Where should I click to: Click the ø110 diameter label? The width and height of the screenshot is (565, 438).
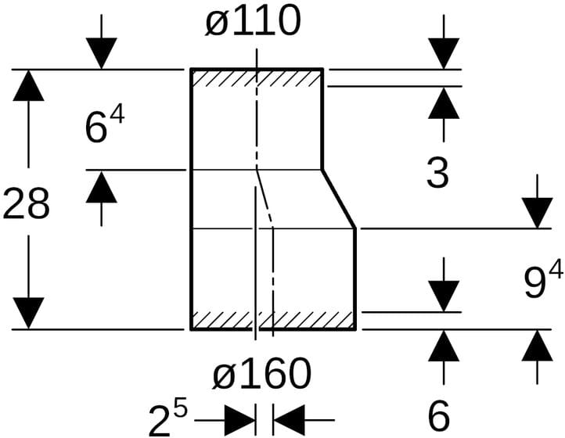(253, 22)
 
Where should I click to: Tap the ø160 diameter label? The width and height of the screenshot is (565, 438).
(261, 375)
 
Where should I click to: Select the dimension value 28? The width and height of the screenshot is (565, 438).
(27, 204)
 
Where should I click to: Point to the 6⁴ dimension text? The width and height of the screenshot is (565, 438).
(104, 126)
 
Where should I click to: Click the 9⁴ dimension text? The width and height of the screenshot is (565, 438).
(542, 282)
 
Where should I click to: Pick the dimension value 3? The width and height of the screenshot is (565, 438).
(437, 174)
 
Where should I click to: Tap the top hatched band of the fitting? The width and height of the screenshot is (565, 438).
(257, 78)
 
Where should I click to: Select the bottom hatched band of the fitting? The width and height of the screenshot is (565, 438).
(273, 320)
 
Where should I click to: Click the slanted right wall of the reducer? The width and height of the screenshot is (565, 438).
(340, 199)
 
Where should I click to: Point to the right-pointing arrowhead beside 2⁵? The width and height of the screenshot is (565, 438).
(239, 420)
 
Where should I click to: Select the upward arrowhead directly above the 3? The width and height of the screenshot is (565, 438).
(444, 103)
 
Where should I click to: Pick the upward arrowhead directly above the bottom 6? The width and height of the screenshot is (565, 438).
(444, 346)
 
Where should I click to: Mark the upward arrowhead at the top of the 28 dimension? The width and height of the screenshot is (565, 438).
(29, 85)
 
